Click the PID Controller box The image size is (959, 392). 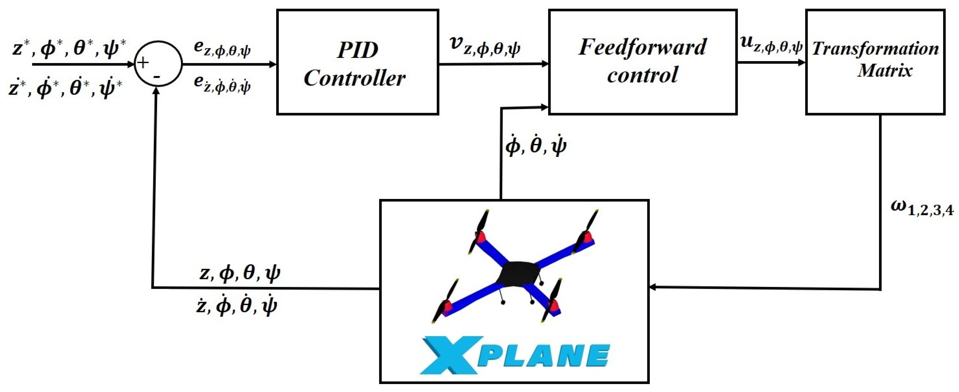point(357,62)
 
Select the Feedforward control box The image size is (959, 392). point(643,62)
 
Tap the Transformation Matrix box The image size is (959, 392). point(875,62)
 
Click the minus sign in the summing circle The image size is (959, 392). point(157,77)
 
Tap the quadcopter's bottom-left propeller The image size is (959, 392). point(445,301)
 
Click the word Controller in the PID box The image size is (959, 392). point(354,78)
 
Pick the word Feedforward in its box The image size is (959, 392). point(643,47)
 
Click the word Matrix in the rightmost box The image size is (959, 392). point(885,71)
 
